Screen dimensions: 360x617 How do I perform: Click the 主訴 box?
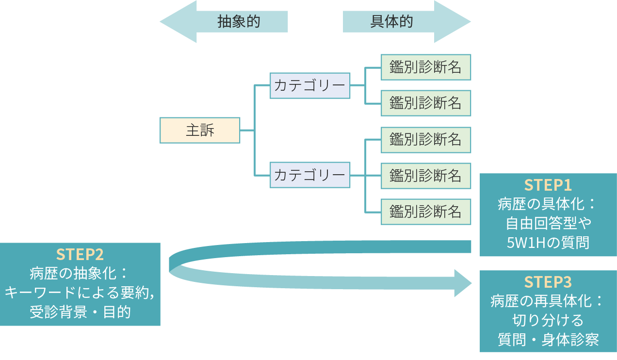200,130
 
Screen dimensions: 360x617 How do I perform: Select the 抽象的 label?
239,22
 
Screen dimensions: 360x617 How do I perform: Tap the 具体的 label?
391,22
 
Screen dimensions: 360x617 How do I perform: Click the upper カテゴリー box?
310,85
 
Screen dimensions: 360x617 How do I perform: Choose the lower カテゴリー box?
310,175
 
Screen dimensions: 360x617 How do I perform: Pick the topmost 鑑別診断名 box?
425,67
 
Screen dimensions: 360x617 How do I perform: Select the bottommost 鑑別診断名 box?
425,212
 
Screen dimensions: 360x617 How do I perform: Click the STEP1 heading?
548,185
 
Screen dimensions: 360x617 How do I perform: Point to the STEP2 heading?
80,254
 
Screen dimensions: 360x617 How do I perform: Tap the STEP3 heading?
548,282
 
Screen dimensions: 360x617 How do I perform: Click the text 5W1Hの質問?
548,242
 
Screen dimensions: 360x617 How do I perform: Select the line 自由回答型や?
548,223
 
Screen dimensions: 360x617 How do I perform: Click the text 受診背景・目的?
80,311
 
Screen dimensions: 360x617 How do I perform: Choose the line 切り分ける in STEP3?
548,320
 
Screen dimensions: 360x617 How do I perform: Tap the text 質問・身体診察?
548,339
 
